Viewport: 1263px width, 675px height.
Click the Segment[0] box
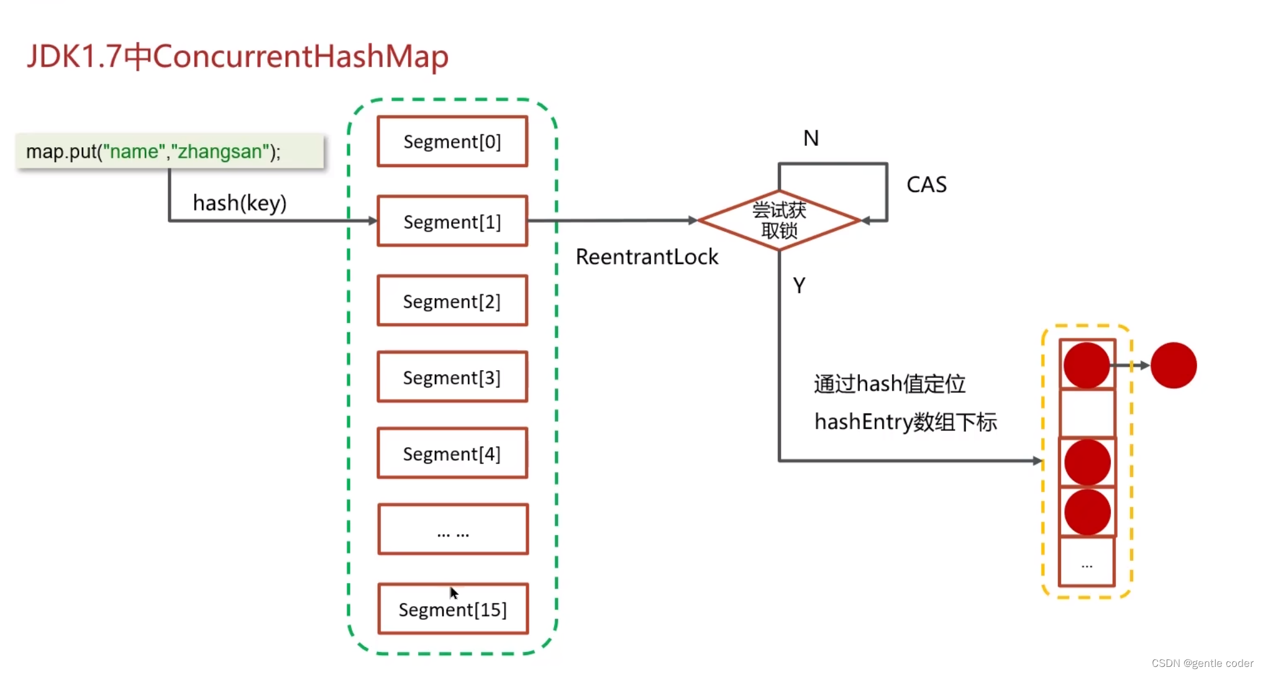tap(452, 142)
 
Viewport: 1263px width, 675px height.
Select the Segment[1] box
tap(452, 221)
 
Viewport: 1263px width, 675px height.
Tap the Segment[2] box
tap(452, 301)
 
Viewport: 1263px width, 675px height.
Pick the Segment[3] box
tap(452, 377)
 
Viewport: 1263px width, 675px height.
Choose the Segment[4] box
tap(452, 453)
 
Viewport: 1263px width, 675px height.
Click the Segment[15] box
tap(453, 609)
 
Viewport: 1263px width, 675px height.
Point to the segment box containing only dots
tap(453, 529)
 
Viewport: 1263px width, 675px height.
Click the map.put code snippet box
tap(170, 151)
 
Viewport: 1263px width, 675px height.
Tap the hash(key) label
tap(239, 202)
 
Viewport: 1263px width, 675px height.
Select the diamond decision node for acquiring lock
tap(779, 220)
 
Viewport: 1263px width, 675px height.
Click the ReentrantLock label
tap(647, 256)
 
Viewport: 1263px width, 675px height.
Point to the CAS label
tap(926, 184)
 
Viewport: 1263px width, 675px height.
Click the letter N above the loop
tap(811, 138)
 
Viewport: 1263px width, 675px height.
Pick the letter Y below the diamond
tap(799, 285)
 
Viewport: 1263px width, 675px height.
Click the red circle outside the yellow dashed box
tap(1173, 365)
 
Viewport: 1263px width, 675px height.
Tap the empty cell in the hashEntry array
tap(1087, 413)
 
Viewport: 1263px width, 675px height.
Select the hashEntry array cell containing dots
tap(1087, 563)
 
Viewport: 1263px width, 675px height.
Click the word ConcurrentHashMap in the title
tap(301, 56)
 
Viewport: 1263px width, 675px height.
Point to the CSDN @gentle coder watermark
tap(1201, 663)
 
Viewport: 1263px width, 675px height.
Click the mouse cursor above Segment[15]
tap(454, 592)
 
